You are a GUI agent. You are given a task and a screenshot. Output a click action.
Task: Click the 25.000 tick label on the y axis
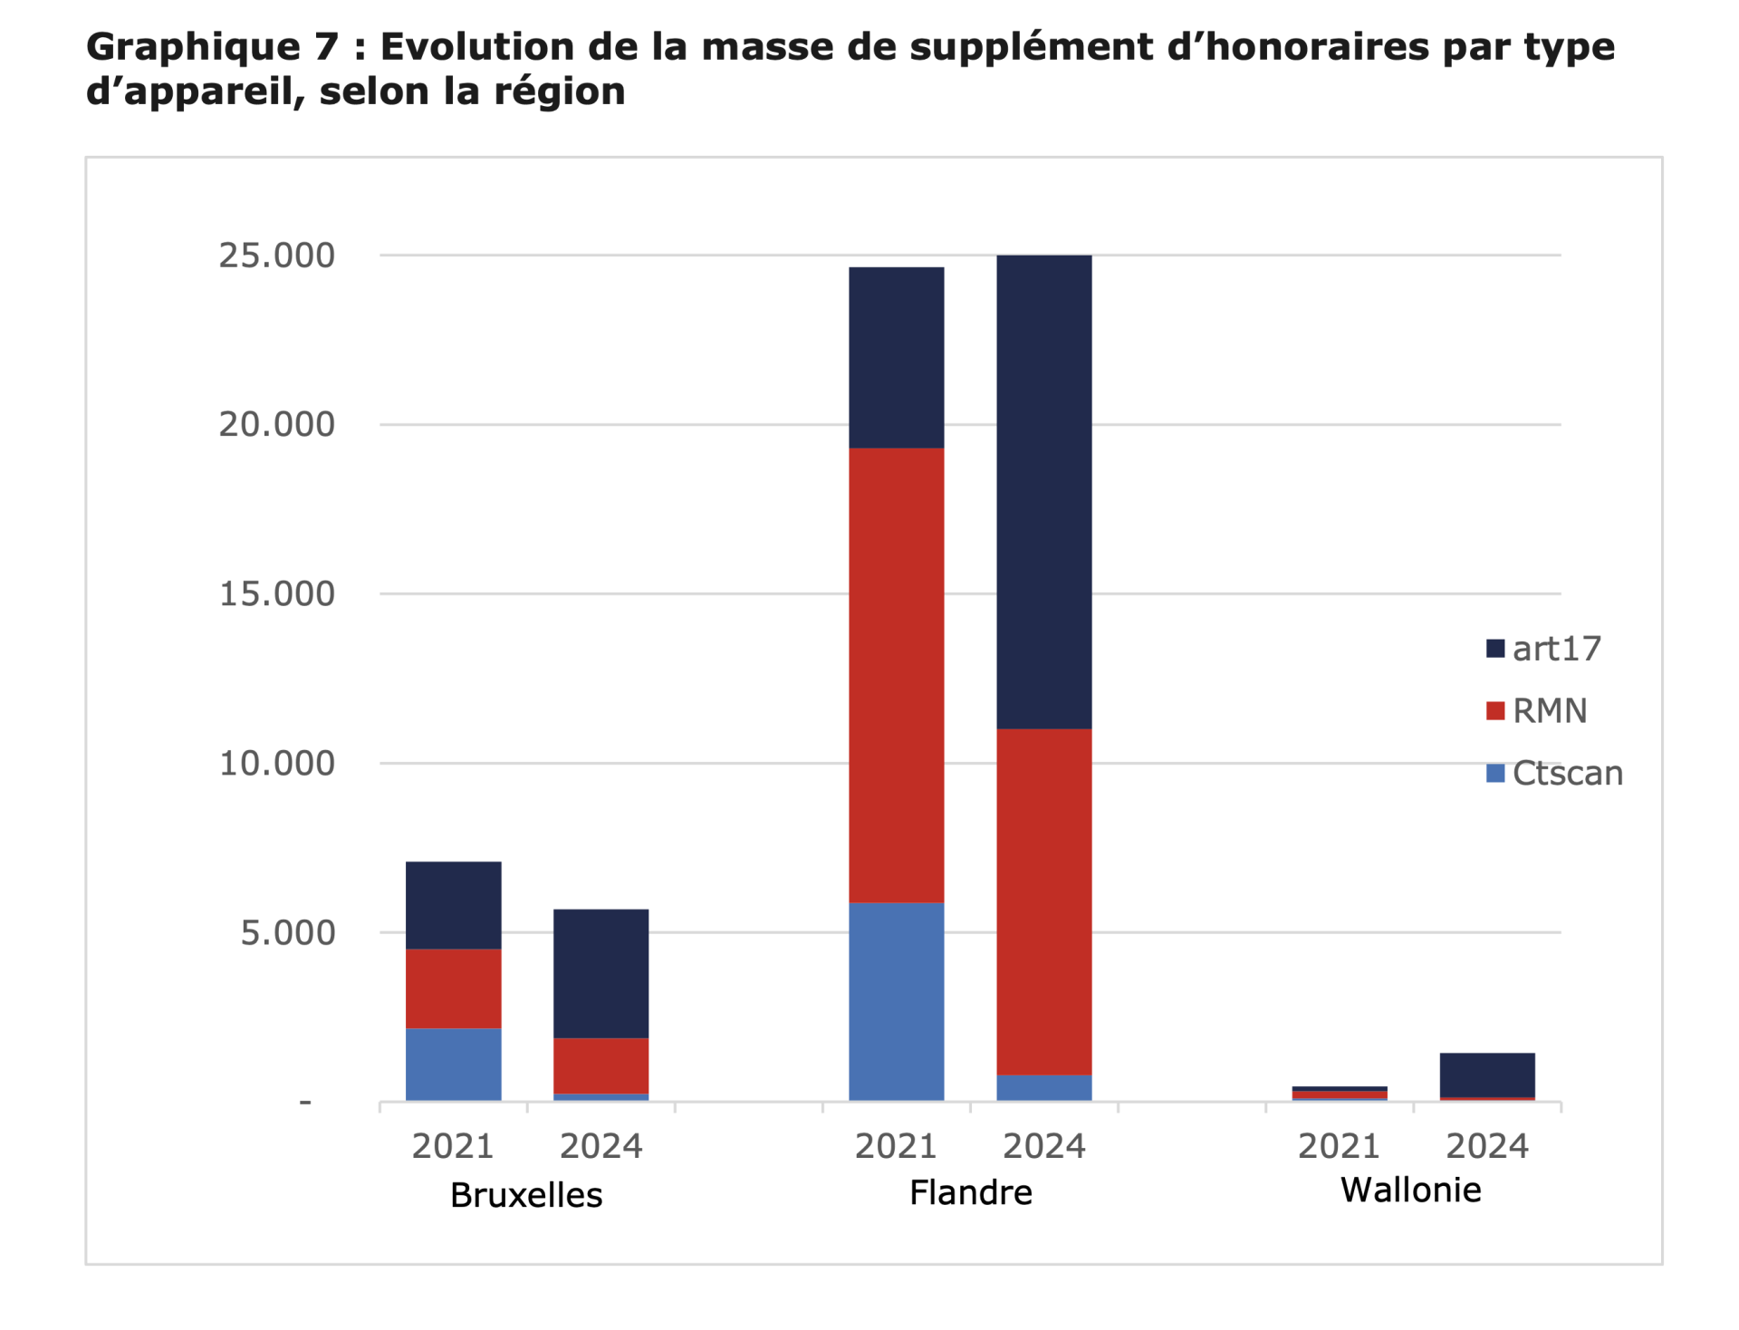(276, 255)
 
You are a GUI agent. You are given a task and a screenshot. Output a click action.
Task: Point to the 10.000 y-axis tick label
(276, 764)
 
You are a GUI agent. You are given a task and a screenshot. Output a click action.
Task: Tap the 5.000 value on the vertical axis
(287, 933)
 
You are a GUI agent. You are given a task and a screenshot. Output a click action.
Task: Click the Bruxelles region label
(526, 1196)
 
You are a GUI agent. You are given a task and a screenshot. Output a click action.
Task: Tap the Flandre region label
(970, 1193)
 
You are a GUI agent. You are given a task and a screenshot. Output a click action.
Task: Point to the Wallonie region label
(1410, 1190)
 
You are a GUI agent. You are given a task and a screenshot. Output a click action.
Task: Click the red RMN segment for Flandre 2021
(896, 675)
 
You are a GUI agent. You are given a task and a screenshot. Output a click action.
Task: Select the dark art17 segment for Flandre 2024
(1043, 492)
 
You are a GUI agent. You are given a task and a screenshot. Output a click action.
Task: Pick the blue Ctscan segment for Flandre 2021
(896, 1001)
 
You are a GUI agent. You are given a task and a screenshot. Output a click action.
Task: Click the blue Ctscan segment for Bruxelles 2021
(453, 1065)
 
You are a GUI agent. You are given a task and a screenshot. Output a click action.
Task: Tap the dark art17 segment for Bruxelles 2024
(600, 973)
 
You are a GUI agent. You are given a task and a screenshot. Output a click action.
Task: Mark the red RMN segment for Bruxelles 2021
(453, 988)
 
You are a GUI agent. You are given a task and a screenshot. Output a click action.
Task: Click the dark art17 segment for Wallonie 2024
(1486, 1075)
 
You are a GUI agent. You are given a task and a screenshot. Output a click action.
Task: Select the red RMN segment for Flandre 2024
(1043, 901)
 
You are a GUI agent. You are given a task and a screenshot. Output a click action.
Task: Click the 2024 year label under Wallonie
(1486, 1147)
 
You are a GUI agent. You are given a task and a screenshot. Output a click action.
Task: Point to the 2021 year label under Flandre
(896, 1147)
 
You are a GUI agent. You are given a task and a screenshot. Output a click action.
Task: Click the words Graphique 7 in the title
(212, 47)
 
